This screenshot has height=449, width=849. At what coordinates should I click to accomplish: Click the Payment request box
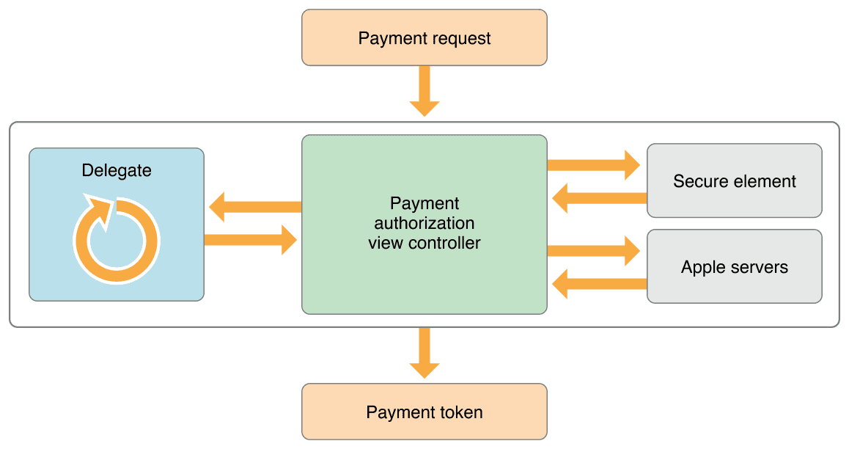point(425,37)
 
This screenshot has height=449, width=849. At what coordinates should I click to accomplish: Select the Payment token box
point(425,412)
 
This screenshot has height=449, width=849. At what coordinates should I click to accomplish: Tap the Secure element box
point(734,180)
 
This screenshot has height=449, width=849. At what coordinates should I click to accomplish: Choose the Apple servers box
point(734,266)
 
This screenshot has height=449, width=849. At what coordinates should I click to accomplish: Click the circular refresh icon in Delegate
point(116,239)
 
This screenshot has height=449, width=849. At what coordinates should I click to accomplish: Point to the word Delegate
point(117,171)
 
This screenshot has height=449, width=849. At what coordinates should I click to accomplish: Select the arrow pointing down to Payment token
point(425,353)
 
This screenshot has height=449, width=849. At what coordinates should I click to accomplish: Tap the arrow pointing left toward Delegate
point(254,207)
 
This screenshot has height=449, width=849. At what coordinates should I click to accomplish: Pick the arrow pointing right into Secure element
point(594,165)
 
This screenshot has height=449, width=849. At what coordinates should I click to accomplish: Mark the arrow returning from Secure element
point(598,197)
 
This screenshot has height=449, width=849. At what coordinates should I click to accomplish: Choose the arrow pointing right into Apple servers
point(594,251)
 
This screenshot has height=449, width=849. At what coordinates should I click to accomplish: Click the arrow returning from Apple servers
point(598,283)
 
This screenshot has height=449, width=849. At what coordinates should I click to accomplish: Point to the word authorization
point(425,223)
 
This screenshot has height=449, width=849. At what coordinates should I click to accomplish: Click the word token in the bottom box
point(460,412)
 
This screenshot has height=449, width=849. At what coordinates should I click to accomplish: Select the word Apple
point(703,267)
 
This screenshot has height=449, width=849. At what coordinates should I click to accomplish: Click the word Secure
point(699,181)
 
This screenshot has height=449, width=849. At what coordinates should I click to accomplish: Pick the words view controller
point(425,243)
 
